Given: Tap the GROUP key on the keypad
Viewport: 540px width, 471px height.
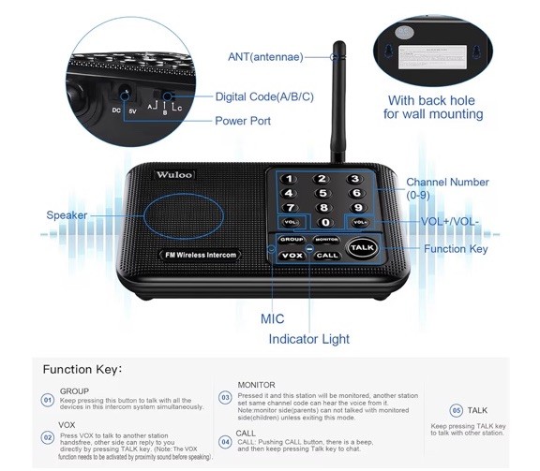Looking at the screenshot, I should [x=290, y=240].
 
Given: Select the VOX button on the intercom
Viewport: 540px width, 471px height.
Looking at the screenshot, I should [x=292, y=255].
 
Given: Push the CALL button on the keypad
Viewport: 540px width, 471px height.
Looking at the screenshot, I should [x=326, y=255].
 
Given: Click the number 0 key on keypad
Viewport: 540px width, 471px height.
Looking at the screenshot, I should [x=325, y=222].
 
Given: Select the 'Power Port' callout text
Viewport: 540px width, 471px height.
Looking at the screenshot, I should [x=243, y=121].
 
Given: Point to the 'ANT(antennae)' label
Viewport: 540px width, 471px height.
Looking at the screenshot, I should [x=266, y=56].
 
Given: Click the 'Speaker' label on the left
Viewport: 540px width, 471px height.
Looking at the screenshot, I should [x=67, y=215].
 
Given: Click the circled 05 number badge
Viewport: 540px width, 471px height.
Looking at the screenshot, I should [x=456, y=410].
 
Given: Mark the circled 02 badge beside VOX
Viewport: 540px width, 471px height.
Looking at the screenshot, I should [x=47, y=436].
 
